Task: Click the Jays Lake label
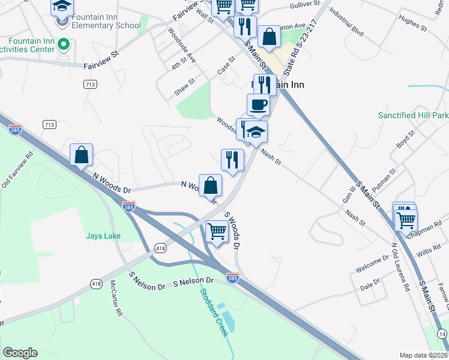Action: click(x=103, y=236)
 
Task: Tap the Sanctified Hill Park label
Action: click(x=413, y=115)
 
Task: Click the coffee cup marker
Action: click(x=258, y=104)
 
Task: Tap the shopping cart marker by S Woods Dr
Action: click(x=217, y=232)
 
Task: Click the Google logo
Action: click(x=20, y=353)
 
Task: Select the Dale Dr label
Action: click(x=370, y=284)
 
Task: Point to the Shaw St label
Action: click(x=185, y=85)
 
